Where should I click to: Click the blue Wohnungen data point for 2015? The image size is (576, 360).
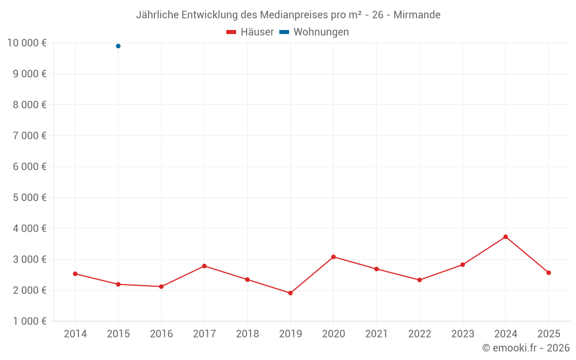[x=118, y=46]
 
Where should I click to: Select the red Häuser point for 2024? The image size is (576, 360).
[x=506, y=237]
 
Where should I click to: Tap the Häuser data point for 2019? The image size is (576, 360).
[x=290, y=293]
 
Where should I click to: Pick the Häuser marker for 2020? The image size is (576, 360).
[x=334, y=257]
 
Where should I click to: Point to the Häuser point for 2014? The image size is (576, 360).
[x=75, y=274]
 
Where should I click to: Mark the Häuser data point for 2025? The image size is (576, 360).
[x=548, y=272]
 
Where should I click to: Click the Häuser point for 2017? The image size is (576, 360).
[x=204, y=266]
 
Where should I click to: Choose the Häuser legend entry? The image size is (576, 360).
[x=251, y=32]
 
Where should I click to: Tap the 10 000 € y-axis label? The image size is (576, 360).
[x=26, y=43]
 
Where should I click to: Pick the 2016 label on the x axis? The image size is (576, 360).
[x=161, y=334]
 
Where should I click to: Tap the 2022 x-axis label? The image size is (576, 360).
[x=419, y=334]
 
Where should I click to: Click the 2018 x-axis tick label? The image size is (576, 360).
[x=248, y=334]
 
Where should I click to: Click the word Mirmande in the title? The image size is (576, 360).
[x=417, y=15]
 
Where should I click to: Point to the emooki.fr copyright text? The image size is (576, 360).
[x=525, y=348]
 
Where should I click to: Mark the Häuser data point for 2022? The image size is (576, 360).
[x=419, y=280]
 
